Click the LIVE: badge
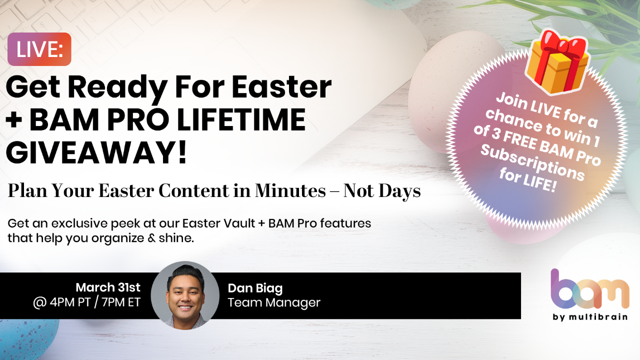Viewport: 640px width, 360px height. click(x=39, y=49)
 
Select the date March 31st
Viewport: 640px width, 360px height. click(x=108, y=287)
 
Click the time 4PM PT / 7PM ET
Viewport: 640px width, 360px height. click(x=86, y=302)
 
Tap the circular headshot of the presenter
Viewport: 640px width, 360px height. click(x=185, y=295)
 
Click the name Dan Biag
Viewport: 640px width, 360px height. click(x=255, y=288)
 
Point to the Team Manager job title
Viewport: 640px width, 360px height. click(x=274, y=302)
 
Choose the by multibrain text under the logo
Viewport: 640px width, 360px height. click(x=590, y=317)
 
